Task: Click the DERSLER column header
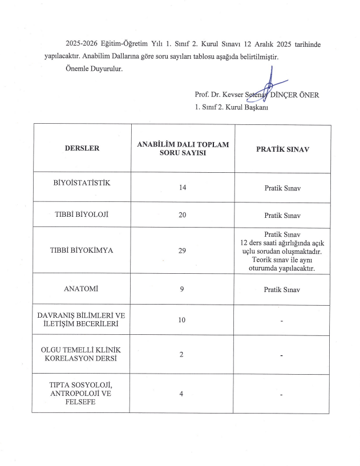click(x=82, y=148)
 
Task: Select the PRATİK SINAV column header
click(x=282, y=148)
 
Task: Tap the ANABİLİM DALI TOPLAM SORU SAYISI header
click(x=183, y=148)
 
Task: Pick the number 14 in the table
click(x=183, y=188)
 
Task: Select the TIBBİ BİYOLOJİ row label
click(x=82, y=214)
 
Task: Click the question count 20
click(x=183, y=216)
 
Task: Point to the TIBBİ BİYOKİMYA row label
click(x=82, y=250)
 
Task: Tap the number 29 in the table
click(x=183, y=250)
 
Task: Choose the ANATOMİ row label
click(x=82, y=289)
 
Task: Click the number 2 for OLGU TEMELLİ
click(x=181, y=355)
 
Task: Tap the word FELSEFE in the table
click(x=82, y=402)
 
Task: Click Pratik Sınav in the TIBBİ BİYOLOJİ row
click(x=282, y=216)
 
